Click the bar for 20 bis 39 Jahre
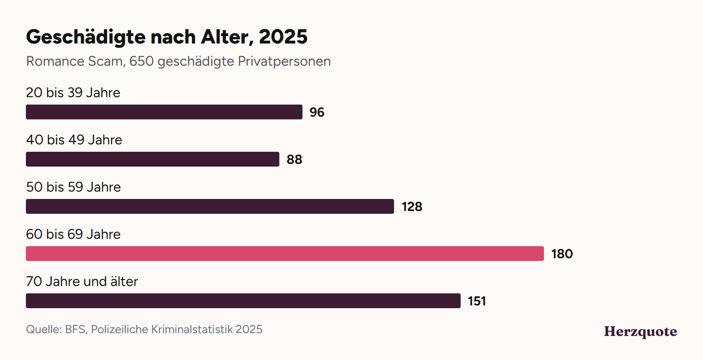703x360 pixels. tap(164, 112)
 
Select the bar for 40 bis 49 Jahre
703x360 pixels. tap(153, 159)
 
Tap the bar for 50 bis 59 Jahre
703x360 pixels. tap(210, 206)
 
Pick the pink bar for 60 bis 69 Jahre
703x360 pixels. tap(285, 254)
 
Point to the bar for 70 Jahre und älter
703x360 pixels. tap(243, 301)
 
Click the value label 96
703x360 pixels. tap(317, 112)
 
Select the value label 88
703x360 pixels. tap(294, 160)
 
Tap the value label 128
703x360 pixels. tap(412, 207)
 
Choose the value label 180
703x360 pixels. tap(562, 254)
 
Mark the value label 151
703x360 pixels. tap(477, 301)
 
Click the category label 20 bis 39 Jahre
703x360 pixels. tap(73, 93)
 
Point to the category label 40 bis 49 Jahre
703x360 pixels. tap(74, 140)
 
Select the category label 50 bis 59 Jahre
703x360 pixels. tap(74, 187)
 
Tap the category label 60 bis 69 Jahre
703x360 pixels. tap(74, 235)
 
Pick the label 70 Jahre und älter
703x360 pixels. tap(82, 281)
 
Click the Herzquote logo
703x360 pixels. tap(641, 331)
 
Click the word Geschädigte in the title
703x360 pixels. tap(86, 37)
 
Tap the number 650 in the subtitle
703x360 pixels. tap(142, 61)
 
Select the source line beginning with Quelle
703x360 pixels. tap(144, 329)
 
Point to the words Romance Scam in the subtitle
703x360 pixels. tap(76, 62)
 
